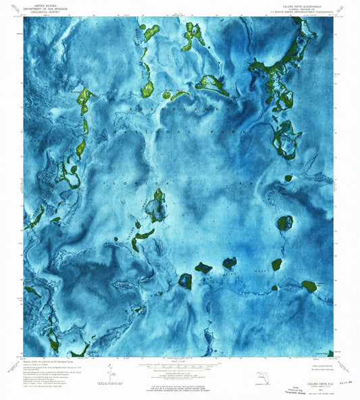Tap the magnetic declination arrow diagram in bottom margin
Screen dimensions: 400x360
click(110, 370)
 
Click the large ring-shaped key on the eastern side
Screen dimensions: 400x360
click(284, 141)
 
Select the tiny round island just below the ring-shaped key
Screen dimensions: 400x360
click(288, 178)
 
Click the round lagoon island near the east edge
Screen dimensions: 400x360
click(284, 222)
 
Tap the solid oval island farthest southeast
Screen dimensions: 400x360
click(309, 286)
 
